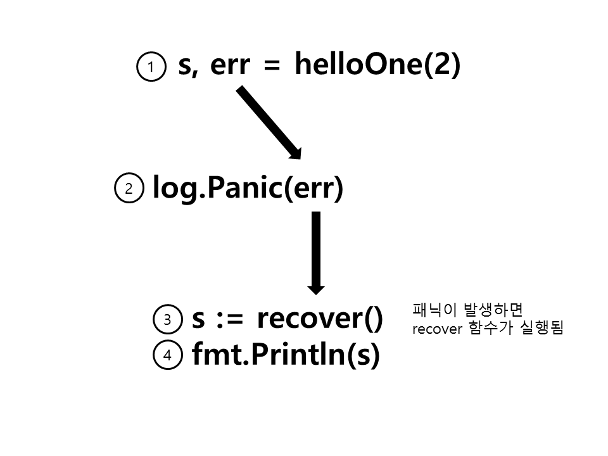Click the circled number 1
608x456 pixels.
150,68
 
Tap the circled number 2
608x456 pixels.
129,189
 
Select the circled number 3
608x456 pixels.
167,320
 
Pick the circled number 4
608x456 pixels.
167,356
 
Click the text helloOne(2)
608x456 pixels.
377,65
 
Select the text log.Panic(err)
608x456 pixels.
248,188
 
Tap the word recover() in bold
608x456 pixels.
320,319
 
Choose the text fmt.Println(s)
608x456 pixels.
285,355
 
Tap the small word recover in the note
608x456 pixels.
433,329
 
